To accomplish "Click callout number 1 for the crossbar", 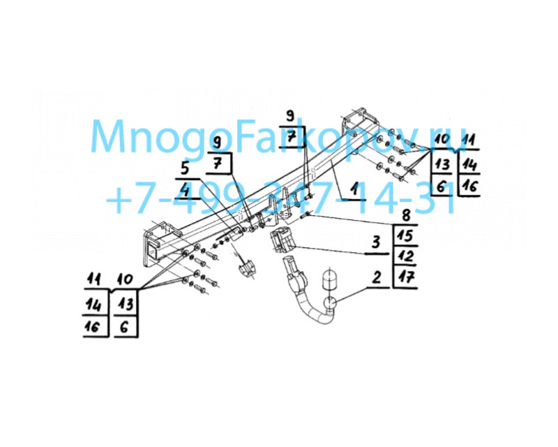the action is tap(354, 189).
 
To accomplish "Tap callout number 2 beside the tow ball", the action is tap(377, 277).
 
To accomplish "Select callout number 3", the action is tap(376, 243).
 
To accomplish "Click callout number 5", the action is tap(184, 168).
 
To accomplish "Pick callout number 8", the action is tap(405, 215).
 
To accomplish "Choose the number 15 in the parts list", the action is tap(405, 235).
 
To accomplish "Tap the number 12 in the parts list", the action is tap(405, 256).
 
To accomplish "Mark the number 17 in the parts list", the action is tap(405, 277).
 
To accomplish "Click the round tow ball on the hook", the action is tap(330, 304).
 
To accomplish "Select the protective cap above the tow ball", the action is tap(329, 279).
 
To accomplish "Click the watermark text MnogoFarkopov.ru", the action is tap(278, 138).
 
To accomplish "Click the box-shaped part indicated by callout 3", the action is tap(282, 240).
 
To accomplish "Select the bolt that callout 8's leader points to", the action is tap(306, 215).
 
